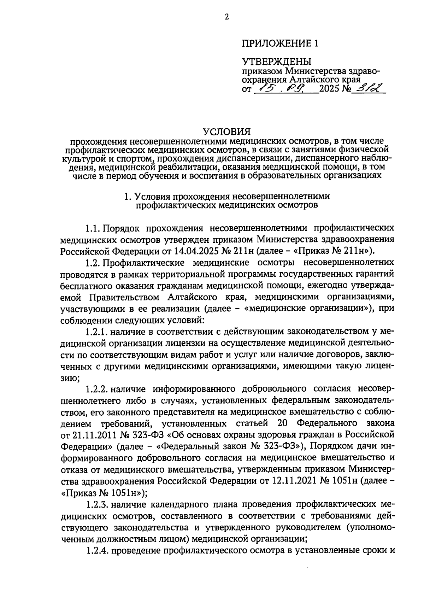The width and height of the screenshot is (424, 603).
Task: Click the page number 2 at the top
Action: [226, 17]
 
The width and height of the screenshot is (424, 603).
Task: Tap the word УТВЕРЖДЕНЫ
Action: [277, 62]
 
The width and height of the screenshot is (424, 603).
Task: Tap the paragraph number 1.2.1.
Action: [96, 332]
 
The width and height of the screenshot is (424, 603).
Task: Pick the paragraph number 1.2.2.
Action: [96, 389]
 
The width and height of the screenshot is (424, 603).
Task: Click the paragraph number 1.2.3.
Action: [96, 504]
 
